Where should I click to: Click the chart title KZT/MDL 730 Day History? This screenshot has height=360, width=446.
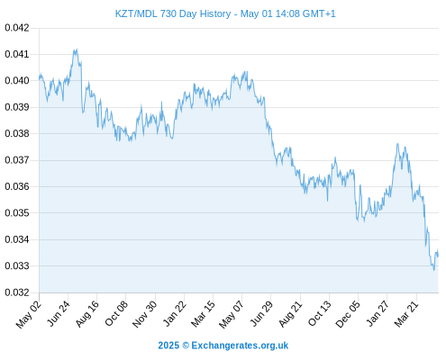click(173, 13)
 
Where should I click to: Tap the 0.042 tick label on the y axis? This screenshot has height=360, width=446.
click(17, 28)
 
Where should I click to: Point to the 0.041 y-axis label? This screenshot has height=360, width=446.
click(17, 54)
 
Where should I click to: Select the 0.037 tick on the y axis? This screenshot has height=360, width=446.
click(17, 160)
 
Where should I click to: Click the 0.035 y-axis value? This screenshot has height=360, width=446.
click(17, 213)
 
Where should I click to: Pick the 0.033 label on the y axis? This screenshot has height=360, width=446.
click(17, 266)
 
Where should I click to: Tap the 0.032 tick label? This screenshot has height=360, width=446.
click(17, 292)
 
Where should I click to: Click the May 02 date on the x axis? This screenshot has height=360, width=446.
click(29, 314)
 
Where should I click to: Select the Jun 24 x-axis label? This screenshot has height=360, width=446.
click(59, 313)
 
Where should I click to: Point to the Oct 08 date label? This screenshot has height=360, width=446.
click(116, 313)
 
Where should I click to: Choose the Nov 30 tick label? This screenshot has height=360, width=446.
click(144, 314)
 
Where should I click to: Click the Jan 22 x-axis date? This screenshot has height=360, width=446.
click(174, 313)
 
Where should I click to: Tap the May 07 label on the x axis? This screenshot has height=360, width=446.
click(232, 314)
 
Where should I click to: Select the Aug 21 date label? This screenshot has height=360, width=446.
click(290, 313)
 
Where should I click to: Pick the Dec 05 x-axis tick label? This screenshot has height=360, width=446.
click(348, 314)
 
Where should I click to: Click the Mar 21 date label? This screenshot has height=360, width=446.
click(406, 313)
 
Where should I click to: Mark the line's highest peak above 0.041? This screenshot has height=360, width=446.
click(77, 49)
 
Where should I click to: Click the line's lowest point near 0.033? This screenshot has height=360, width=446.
click(433, 270)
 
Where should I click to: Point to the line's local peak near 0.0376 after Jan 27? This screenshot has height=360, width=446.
click(397, 144)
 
